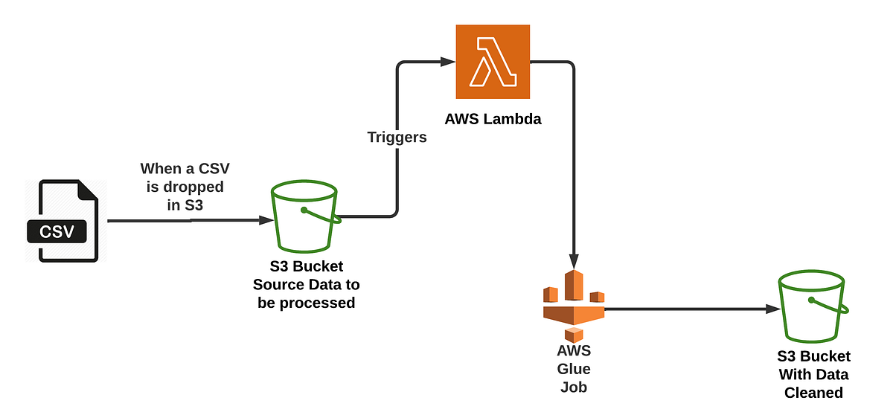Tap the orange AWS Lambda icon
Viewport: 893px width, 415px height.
pos(493,62)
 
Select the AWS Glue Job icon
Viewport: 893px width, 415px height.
pos(573,306)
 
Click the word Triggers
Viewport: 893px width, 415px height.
pos(397,137)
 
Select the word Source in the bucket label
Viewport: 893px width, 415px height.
pos(278,284)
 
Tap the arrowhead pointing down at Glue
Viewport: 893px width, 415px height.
pos(574,261)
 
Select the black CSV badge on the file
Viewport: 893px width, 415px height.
pos(57,231)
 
